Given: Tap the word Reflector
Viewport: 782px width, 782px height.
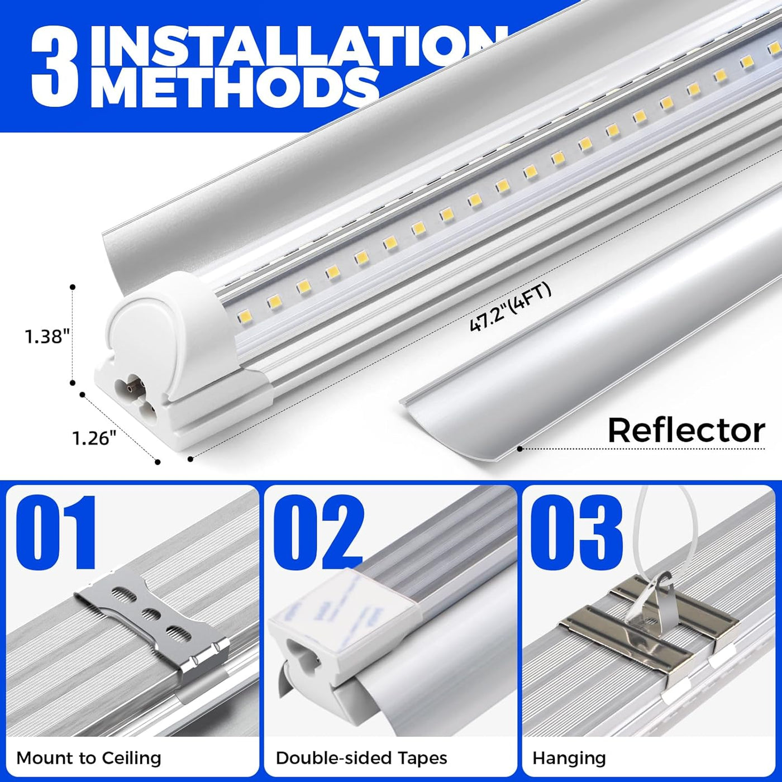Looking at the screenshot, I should (x=686, y=431).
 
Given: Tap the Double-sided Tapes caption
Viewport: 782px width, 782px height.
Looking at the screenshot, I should (x=361, y=758).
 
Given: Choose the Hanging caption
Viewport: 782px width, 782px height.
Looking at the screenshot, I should (x=569, y=758).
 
